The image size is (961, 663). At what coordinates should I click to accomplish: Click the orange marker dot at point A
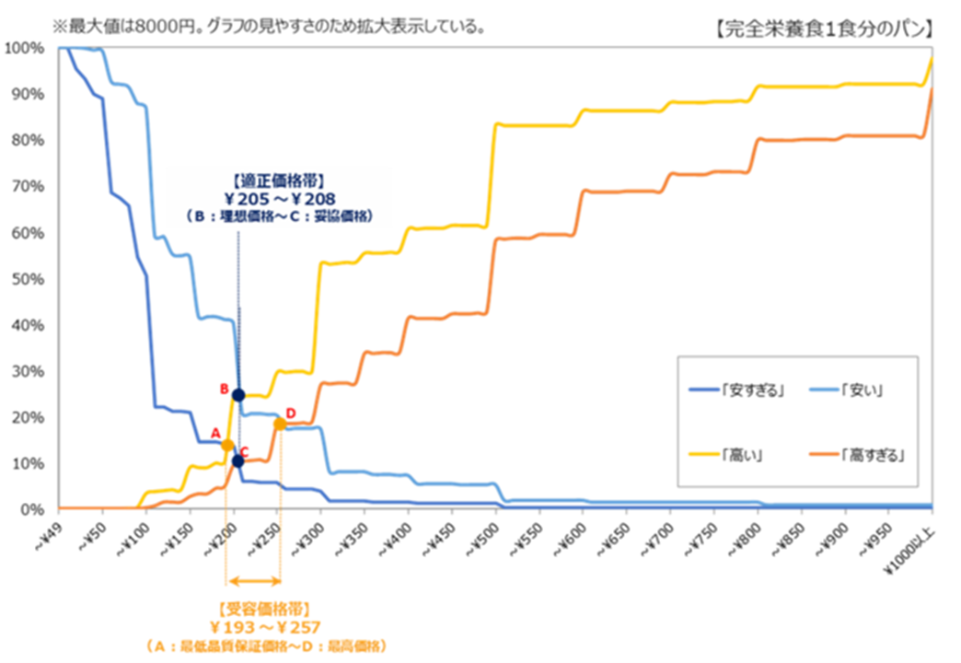[226, 446]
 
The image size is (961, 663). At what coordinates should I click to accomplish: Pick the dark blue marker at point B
[238, 395]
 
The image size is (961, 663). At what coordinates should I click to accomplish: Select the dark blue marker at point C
[238, 460]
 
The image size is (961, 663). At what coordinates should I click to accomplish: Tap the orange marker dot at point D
[280, 424]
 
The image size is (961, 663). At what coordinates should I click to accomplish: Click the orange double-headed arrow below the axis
[253, 580]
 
